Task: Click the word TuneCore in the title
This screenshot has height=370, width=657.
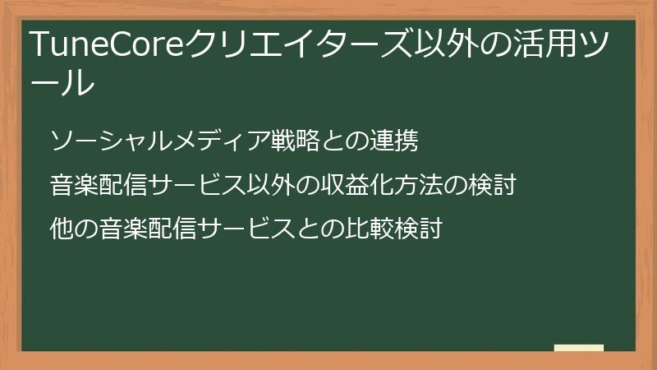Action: [x=108, y=45]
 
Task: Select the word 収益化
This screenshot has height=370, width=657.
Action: [x=355, y=184]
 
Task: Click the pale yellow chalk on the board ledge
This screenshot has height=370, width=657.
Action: [x=579, y=348]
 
